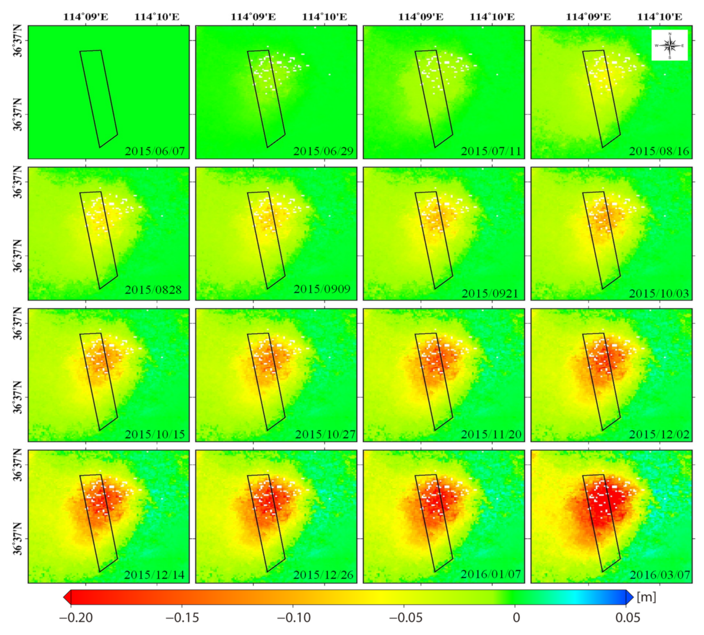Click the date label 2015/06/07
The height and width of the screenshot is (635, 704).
155,151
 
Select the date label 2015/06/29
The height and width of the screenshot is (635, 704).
323,151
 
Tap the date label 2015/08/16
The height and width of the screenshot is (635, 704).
659,151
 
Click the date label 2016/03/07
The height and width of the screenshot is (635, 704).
660,575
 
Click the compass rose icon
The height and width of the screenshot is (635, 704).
669,45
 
